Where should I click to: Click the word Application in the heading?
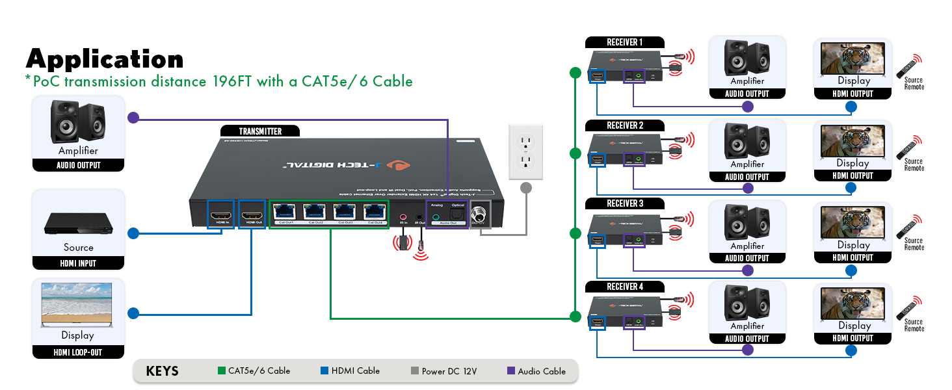104,59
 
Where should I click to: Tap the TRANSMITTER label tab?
260,131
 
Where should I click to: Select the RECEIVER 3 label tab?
624,203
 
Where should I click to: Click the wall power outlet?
525,152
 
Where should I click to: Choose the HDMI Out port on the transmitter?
254,214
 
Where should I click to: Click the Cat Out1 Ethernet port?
285,212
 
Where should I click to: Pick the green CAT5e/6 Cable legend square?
221,371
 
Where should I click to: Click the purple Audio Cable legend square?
511,371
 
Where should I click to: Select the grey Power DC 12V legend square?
415,371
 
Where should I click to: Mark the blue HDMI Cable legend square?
324,371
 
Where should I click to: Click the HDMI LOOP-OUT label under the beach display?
78,353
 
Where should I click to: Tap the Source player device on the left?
79,224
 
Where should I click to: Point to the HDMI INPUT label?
78,263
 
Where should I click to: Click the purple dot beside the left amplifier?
133,118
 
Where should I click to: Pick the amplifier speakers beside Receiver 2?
747,140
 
